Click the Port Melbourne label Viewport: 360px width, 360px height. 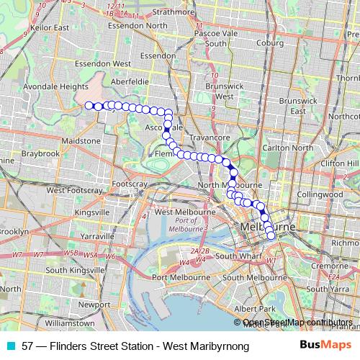[180, 277]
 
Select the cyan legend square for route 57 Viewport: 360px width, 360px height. [8, 346]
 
